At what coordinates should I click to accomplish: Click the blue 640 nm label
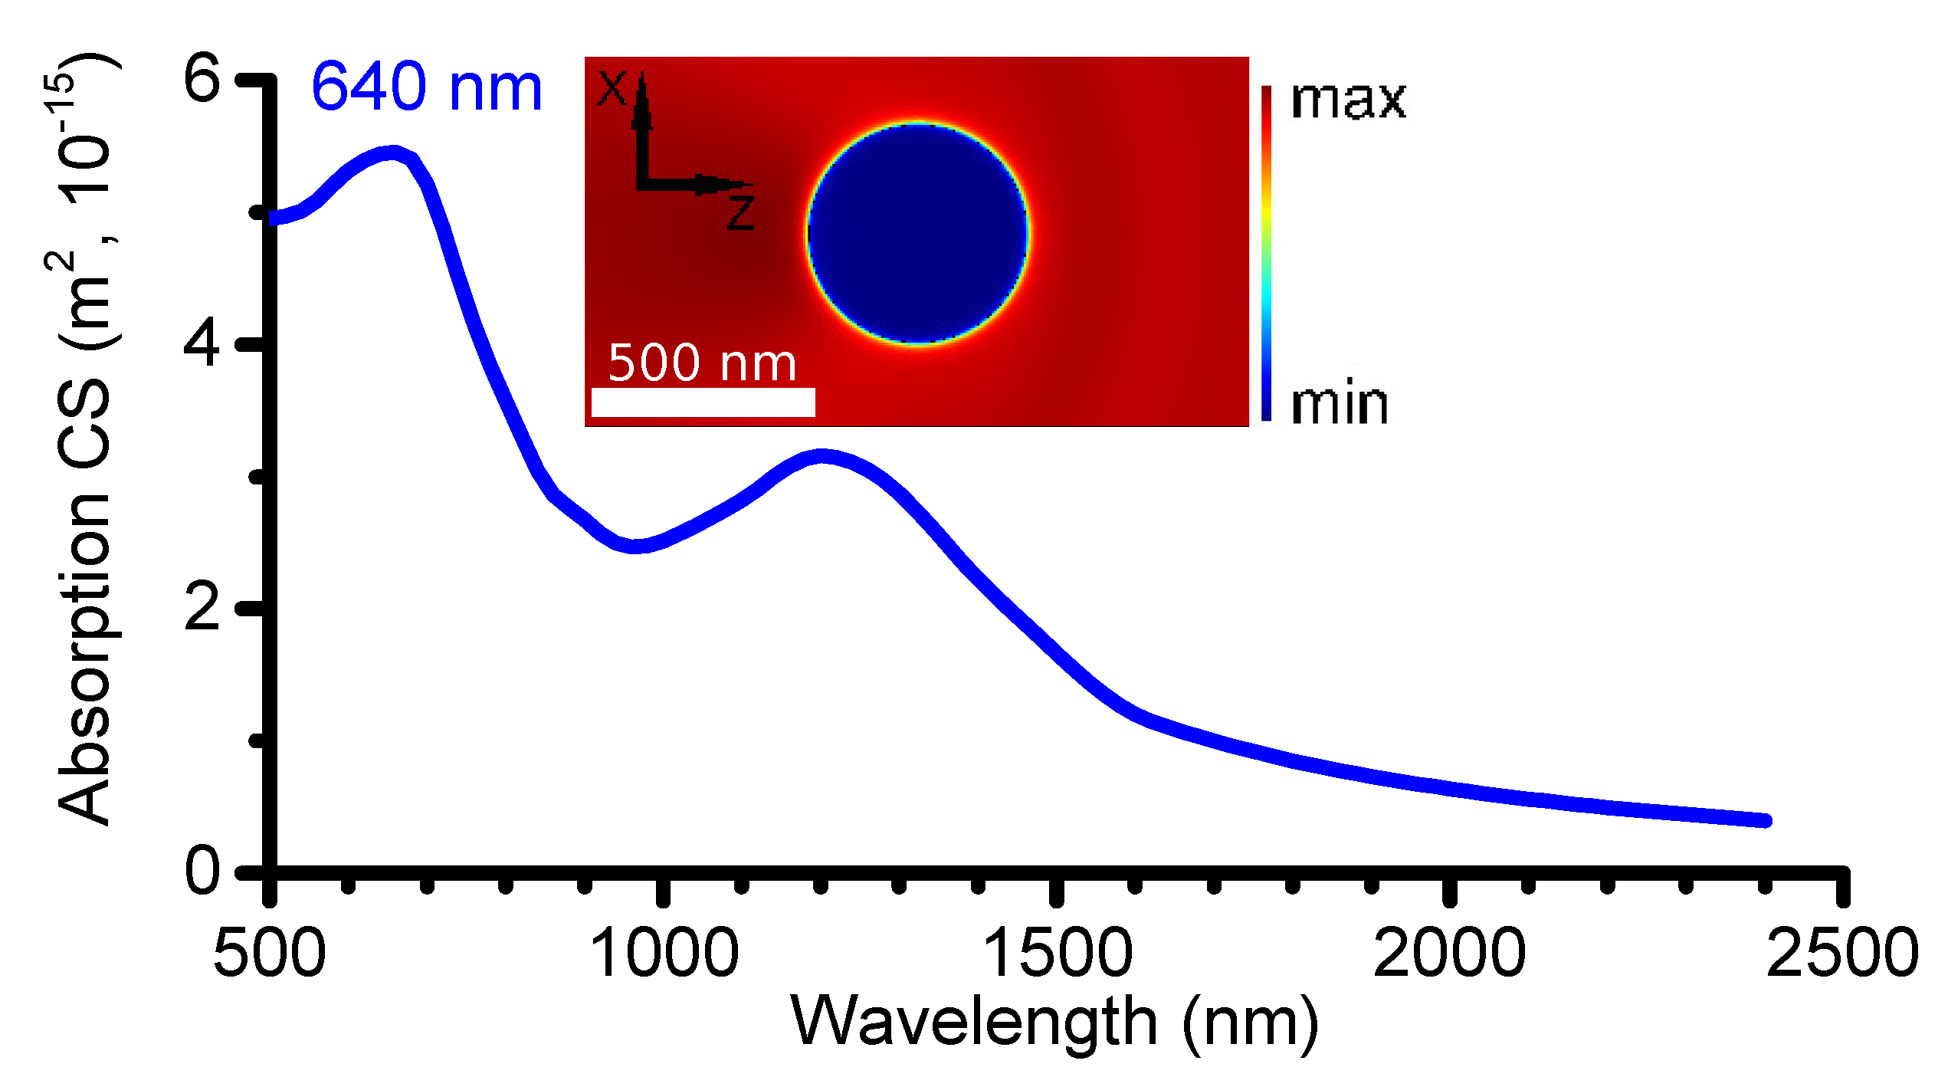click(426, 87)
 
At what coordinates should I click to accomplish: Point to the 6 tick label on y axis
click(202, 78)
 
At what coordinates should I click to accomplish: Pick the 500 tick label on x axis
click(269, 953)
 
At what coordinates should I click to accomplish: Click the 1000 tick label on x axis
click(664, 953)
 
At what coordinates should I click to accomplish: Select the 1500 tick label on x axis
click(1057, 953)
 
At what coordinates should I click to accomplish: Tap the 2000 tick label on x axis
click(1449, 953)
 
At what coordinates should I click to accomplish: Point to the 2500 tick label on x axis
click(1842, 953)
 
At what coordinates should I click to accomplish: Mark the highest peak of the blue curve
click(393, 153)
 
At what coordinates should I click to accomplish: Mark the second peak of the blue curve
click(822, 457)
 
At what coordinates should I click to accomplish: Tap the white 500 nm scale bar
click(703, 402)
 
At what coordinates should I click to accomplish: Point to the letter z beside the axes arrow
click(741, 212)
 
